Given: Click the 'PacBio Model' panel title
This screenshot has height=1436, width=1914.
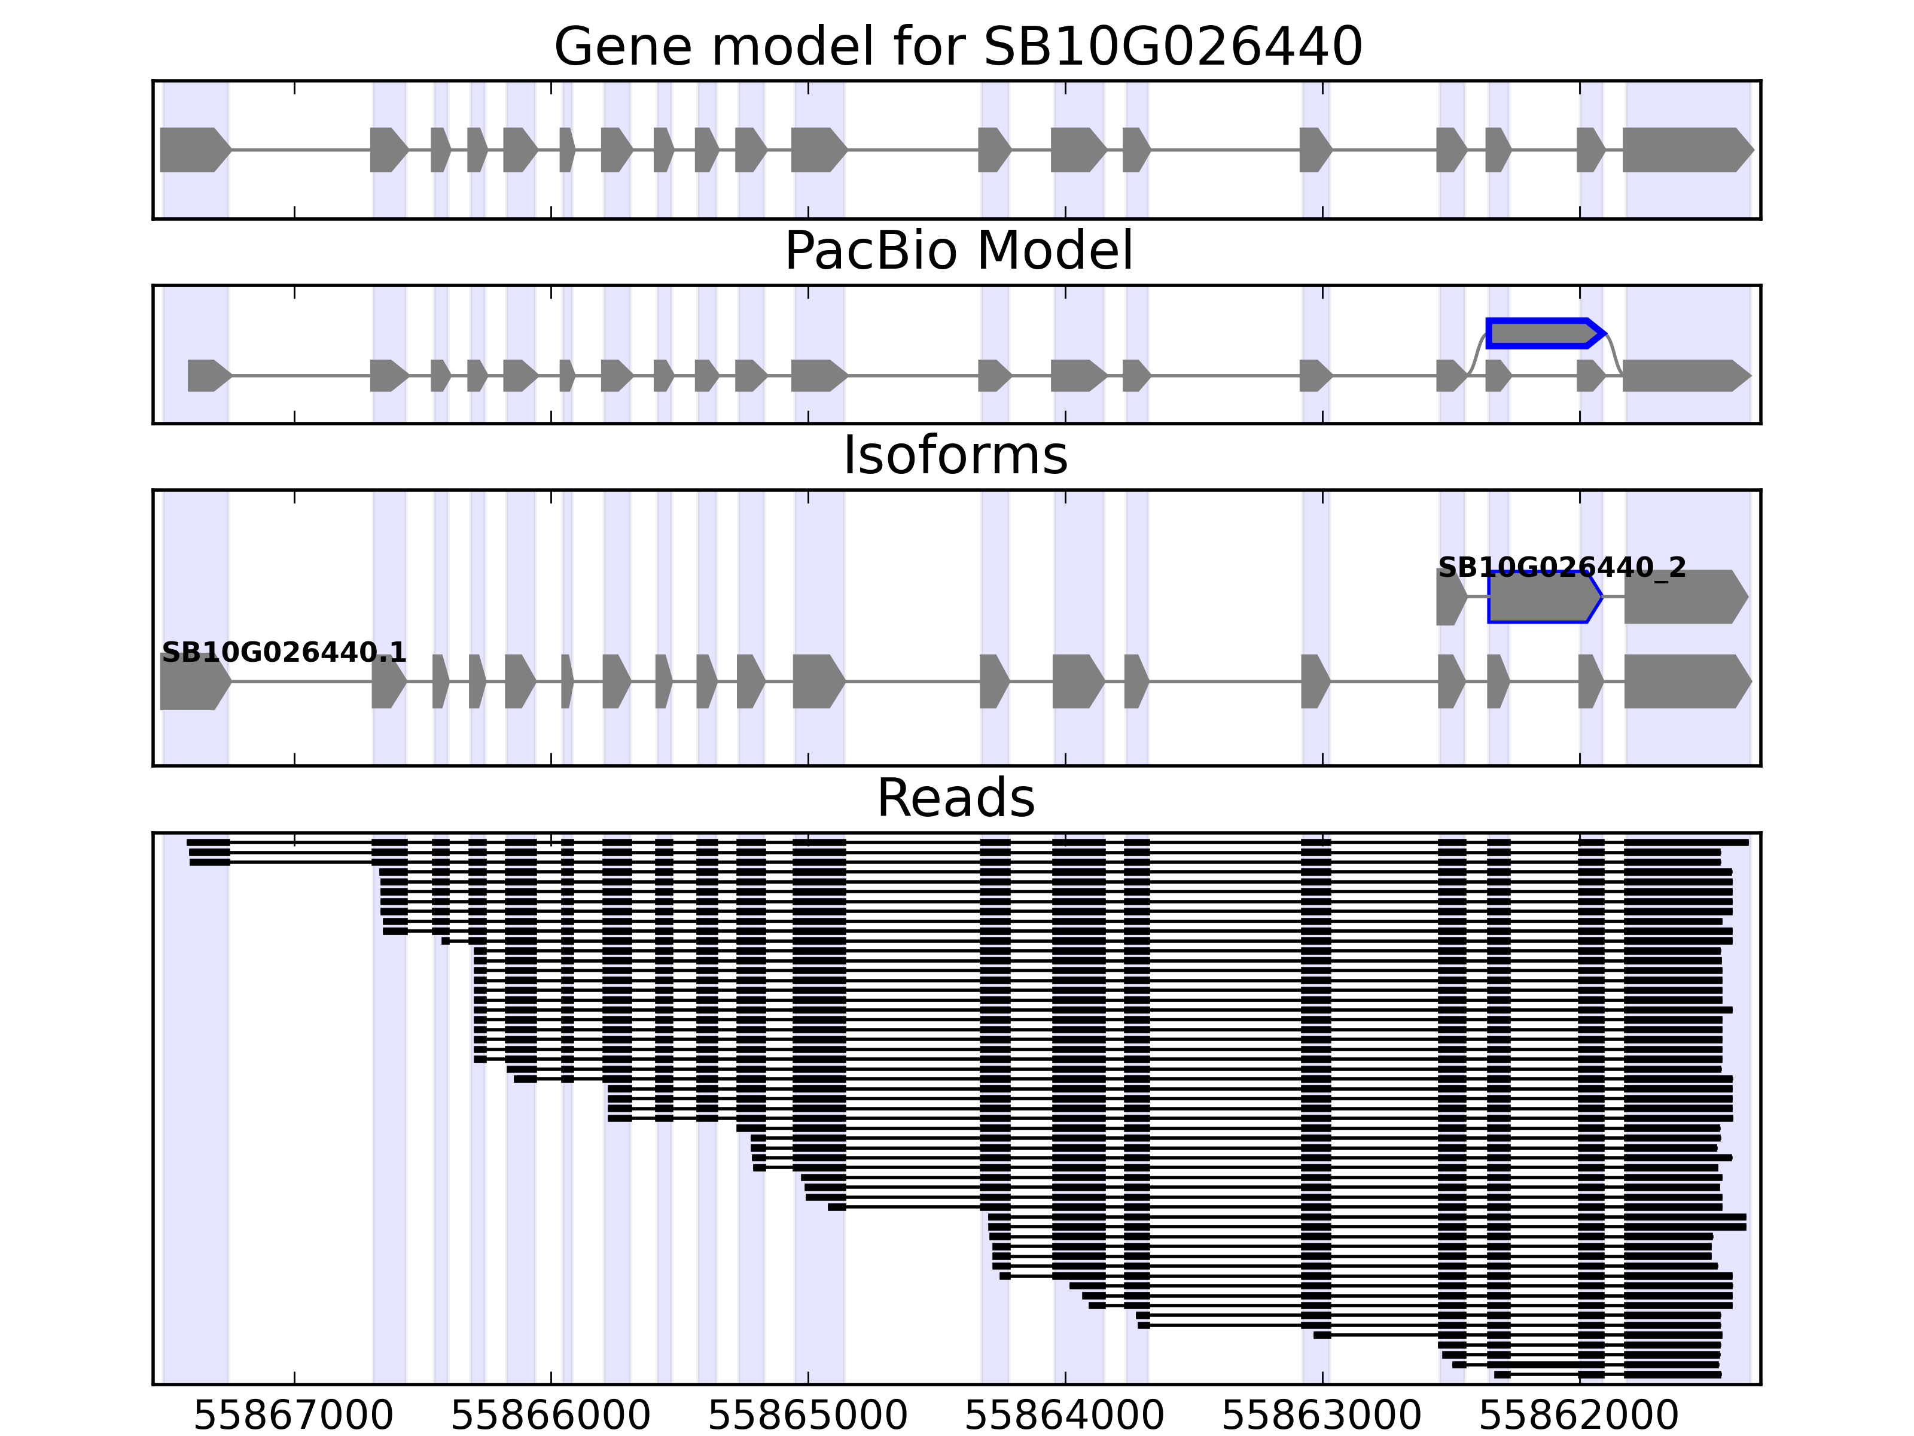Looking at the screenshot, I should pos(957,251).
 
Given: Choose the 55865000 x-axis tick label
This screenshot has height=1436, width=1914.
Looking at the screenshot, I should pos(807,1416).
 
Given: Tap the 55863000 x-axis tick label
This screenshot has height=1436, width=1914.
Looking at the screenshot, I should pos(1321,1416).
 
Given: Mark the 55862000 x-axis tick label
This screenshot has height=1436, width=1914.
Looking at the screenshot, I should pos(1578,1416).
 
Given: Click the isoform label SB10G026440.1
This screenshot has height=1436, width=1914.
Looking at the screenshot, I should pos(284,653).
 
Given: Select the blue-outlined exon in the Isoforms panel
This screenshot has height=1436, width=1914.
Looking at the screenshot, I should pos(1543,597).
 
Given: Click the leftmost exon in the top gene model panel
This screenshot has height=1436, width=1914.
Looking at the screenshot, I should pos(194,150).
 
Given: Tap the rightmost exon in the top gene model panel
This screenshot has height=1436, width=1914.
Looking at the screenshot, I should pos(1685,150).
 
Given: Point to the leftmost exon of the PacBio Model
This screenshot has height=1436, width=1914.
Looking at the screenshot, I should pos(208,376).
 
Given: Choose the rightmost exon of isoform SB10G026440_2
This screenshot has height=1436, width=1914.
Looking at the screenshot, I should pos(1684,597).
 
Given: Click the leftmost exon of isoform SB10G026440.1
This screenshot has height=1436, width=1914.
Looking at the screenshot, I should pos(194,682).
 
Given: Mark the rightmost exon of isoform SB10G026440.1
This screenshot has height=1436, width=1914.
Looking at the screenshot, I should pos(1686,682).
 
